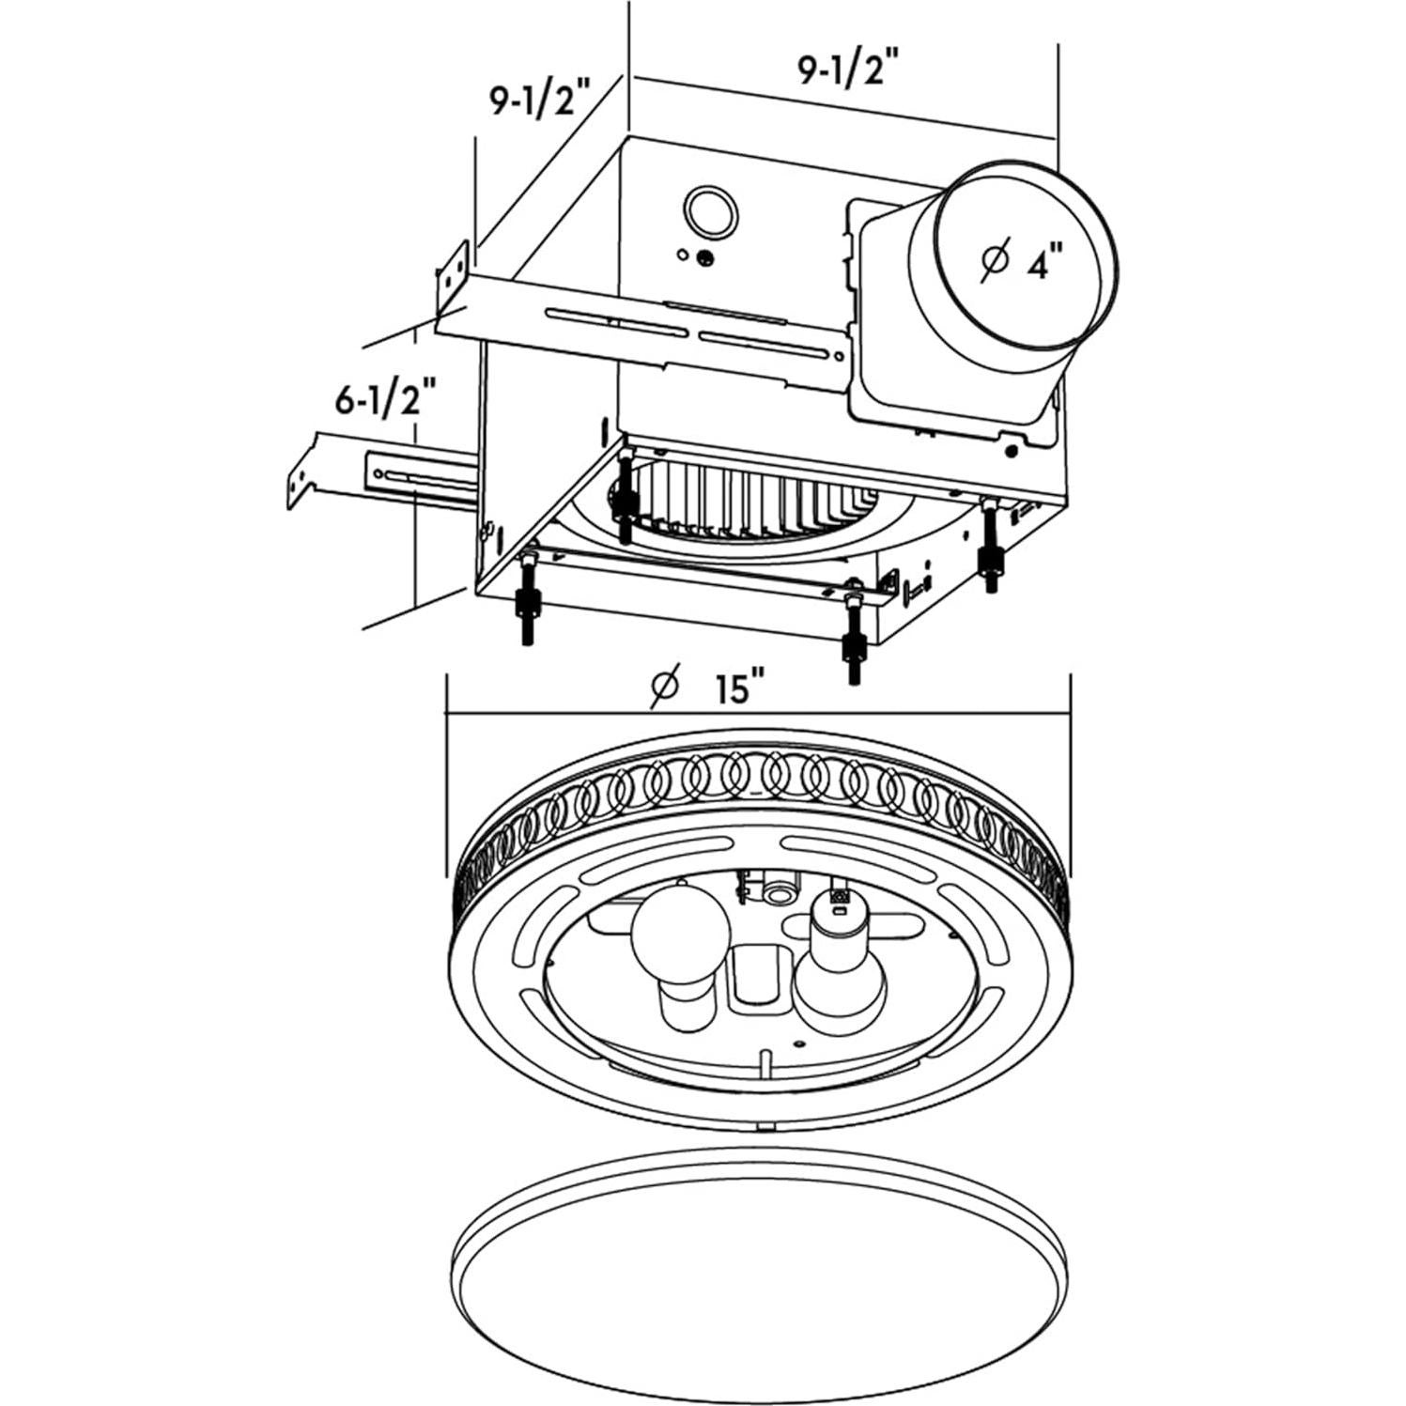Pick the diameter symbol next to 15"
pos(664,687)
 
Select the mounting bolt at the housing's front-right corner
pos(854,634)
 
